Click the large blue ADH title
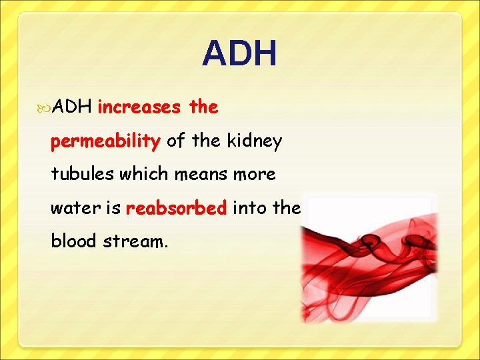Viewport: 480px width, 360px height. [239, 54]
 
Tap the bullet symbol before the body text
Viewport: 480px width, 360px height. [45, 107]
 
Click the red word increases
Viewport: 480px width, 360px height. [139, 107]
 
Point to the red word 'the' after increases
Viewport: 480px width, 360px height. [203, 107]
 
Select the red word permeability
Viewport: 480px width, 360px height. [105, 141]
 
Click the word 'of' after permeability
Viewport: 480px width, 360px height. [176, 141]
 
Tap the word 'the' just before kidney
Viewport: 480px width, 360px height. [206, 141]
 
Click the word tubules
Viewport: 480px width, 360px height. [83, 174]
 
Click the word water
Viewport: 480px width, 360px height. [72, 208]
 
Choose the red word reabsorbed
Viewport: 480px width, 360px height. [176, 208]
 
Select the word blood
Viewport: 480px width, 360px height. [75, 241]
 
